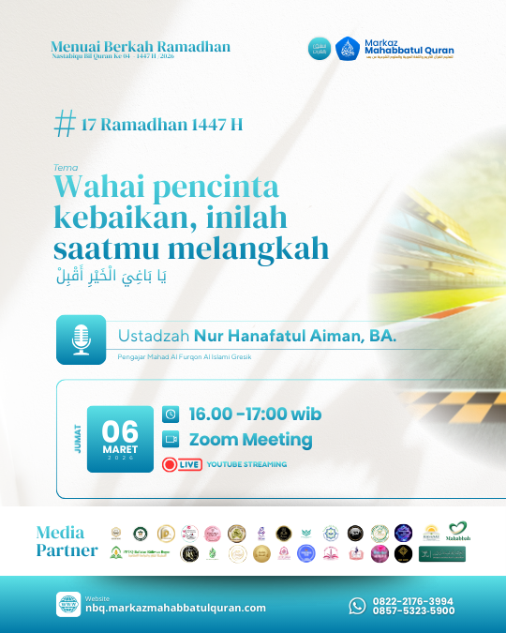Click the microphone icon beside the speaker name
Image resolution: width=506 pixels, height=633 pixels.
pos(81,339)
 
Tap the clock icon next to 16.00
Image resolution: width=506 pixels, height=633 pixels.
pos(171,414)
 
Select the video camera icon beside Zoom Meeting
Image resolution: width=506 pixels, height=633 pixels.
pos(171,439)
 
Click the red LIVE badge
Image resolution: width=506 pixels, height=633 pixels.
pos(182,463)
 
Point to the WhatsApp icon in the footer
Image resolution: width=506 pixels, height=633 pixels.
pos(357,606)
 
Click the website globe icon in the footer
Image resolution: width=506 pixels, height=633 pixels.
pos(67,603)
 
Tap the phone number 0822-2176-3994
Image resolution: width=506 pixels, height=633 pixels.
pos(414,600)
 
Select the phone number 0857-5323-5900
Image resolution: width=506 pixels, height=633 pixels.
pos(414,611)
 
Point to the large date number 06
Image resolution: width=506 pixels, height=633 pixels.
pos(120,430)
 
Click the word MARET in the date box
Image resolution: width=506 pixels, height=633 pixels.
pos(120,447)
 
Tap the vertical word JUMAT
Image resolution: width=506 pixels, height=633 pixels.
pos(77,439)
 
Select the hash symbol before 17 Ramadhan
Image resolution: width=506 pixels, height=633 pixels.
pos(66,123)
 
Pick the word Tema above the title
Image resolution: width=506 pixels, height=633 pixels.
pos(66,168)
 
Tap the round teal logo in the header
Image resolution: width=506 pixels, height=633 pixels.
pos(320,48)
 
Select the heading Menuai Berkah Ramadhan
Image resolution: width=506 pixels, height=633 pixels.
pos(141,47)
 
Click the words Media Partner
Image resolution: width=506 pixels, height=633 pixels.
pos(66,541)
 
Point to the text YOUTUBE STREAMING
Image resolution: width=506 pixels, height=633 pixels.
pos(246,464)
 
